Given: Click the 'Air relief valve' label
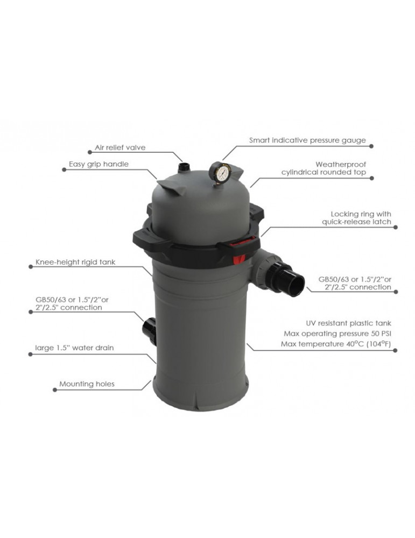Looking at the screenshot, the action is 120,147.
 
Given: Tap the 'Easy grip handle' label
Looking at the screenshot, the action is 99,164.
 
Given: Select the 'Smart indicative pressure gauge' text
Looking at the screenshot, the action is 307,140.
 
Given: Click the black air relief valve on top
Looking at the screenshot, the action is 184,167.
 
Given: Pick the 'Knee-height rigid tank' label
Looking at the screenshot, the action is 75,262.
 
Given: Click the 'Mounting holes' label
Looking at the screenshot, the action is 87,384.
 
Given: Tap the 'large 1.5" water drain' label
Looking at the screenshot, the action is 74,348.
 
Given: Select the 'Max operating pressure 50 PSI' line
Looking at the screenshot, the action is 337,334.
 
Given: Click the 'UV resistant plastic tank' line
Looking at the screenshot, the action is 348,323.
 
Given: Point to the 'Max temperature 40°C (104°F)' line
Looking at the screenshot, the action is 336,344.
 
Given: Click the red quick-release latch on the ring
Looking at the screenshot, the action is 239,259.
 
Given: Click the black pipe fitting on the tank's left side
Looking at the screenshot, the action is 149,331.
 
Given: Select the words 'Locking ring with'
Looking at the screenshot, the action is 361,214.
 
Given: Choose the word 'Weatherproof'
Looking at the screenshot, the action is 341,164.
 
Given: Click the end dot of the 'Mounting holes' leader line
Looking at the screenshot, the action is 55,390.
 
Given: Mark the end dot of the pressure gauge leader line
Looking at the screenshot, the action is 371,146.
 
